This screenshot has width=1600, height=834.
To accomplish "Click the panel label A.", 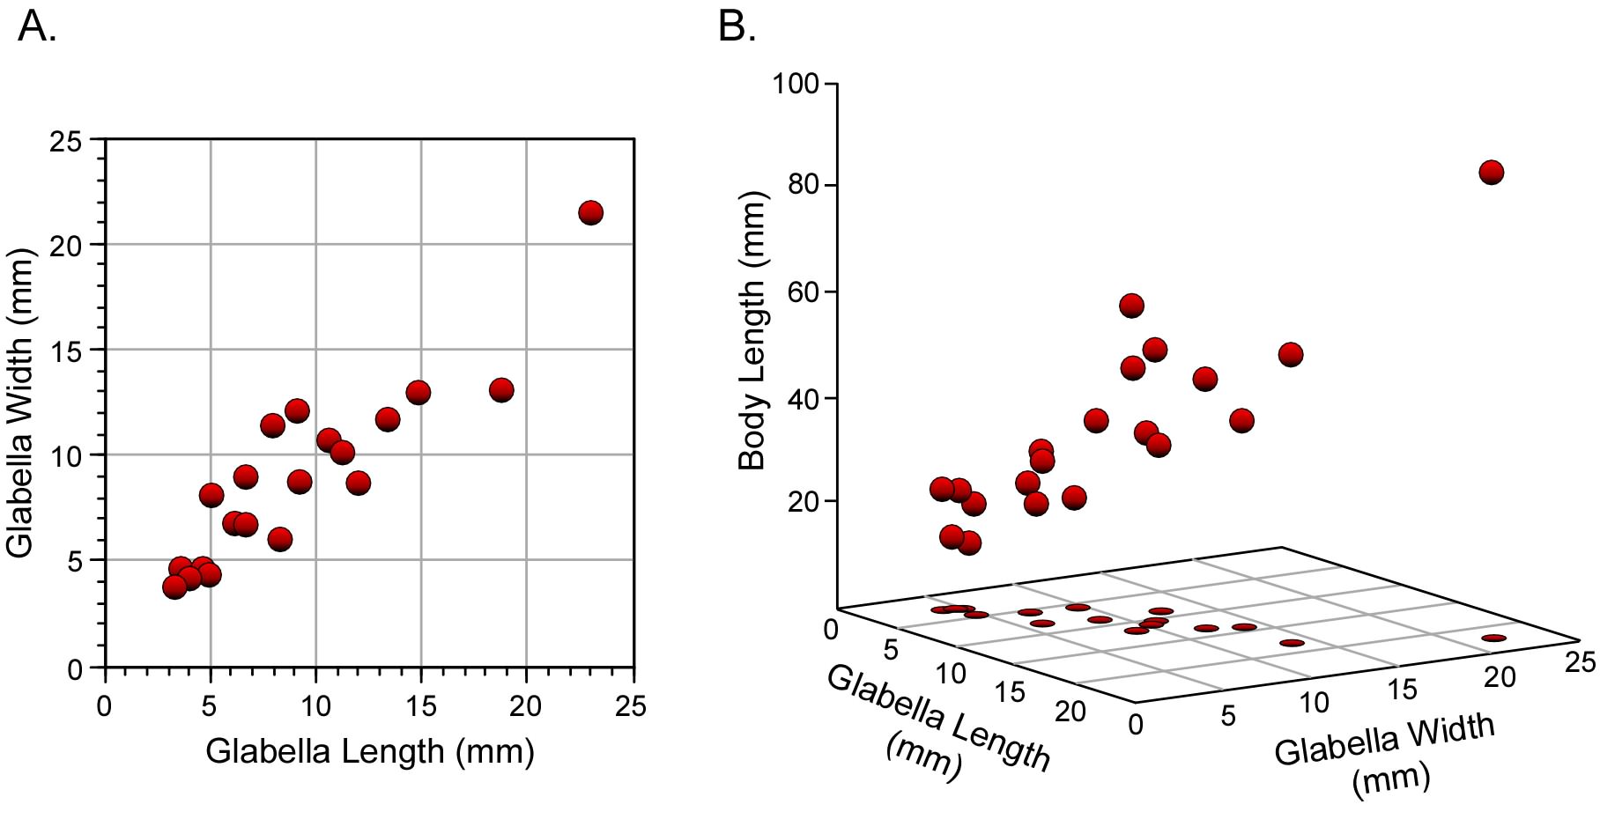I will click(x=36, y=28).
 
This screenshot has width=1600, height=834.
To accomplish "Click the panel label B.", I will click(x=737, y=28).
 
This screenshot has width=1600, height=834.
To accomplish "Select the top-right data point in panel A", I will click(x=590, y=212).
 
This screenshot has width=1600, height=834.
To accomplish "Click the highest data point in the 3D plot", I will click(x=1491, y=172).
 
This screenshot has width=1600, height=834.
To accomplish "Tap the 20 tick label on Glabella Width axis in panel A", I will click(x=65, y=245).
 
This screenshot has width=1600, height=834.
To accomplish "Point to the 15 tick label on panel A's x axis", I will click(x=420, y=705).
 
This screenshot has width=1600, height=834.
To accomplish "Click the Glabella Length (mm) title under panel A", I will click(x=370, y=752).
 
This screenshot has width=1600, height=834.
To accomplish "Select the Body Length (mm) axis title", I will click(x=752, y=330).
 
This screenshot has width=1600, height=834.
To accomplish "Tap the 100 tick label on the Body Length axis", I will click(x=795, y=85).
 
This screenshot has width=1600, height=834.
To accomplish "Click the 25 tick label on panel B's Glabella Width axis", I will click(x=1580, y=661).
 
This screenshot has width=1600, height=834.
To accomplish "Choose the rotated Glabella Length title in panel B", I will click(x=937, y=722).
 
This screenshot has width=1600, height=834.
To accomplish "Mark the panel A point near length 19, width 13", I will click(x=501, y=390).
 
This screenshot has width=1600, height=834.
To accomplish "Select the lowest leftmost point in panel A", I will click(x=174, y=587).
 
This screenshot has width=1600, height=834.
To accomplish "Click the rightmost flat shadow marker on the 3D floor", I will click(x=1494, y=638).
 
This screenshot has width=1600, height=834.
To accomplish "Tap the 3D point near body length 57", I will click(x=1131, y=306).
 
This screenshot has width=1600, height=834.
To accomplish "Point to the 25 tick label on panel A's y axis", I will click(x=65, y=141).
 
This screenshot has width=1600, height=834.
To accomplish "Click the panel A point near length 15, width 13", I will click(x=418, y=392).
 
